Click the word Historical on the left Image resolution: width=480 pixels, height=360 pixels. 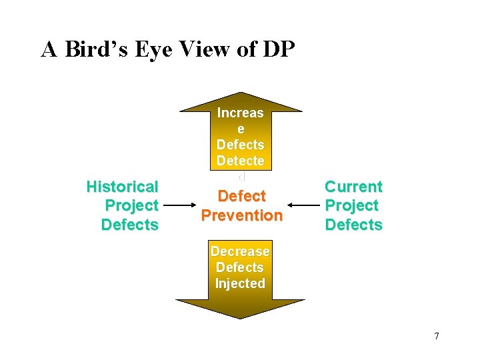(x=122, y=187)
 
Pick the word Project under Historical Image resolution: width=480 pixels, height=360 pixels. (x=131, y=205)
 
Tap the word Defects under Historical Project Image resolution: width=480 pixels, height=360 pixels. (x=129, y=225)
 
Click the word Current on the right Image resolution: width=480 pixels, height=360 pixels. (x=353, y=187)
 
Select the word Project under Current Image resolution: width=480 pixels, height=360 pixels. (x=351, y=205)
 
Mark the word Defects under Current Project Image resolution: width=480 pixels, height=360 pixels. (x=353, y=225)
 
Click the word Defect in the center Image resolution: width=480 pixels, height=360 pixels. (x=241, y=196)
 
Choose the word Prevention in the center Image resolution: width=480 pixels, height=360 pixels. (x=241, y=215)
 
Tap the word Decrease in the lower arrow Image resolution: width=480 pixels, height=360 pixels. (x=240, y=251)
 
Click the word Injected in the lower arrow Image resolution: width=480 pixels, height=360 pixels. (x=240, y=283)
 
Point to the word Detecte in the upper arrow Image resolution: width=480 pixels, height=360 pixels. (x=240, y=161)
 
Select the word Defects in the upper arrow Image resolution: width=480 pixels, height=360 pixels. (x=240, y=145)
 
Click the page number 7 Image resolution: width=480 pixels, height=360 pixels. (x=436, y=336)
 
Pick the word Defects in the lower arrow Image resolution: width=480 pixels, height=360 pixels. (x=240, y=267)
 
